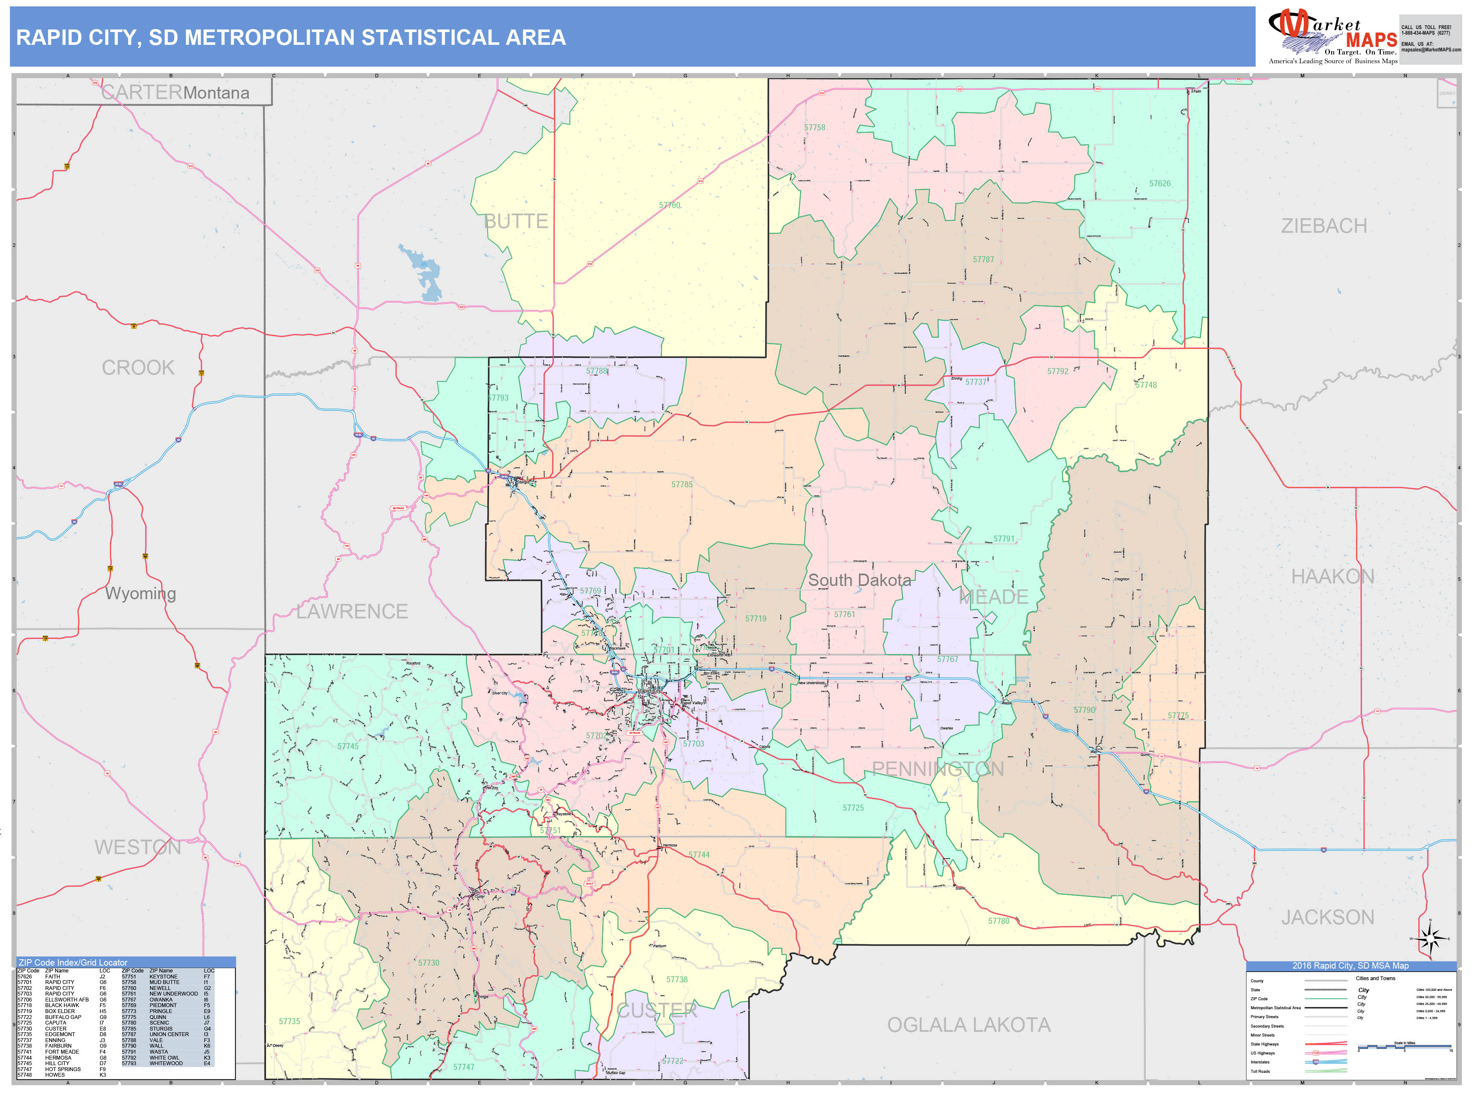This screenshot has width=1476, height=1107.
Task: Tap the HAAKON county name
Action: (x=1332, y=577)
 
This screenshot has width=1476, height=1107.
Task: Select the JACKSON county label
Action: (x=1327, y=917)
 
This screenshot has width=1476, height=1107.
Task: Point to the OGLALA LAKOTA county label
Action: (x=968, y=1025)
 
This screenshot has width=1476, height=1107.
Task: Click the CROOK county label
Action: (x=138, y=368)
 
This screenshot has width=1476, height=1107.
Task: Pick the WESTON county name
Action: (x=138, y=847)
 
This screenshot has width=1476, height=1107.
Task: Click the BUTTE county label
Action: (x=516, y=222)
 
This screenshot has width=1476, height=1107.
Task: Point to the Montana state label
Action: (x=216, y=94)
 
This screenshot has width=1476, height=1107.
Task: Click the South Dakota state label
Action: (x=859, y=580)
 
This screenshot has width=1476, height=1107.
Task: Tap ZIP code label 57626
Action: (x=1160, y=184)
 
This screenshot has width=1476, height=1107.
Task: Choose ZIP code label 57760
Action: (x=669, y=205)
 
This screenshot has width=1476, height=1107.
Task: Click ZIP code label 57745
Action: (x=348, y=747)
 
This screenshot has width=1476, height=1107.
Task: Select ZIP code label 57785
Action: (x=682, y=484)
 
